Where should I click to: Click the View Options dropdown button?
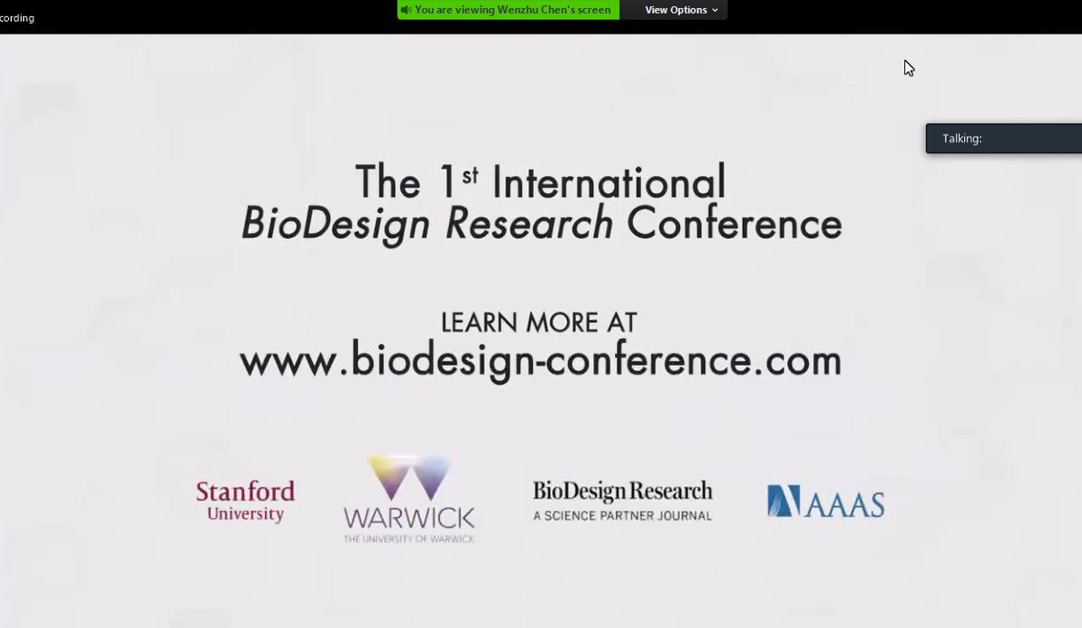(x=681, y=10)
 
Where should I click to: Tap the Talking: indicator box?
(x=1003, y=138)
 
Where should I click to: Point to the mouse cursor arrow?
(x=908, y=67)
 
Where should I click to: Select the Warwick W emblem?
(x=408, y=477)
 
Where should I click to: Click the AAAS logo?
(x=825, y=502)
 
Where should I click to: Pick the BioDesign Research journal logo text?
(x=622, y=492)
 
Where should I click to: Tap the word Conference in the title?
(x=734, y=223)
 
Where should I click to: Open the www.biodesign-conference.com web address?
(x=540, y=361)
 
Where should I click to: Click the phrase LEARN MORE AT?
(x=538, y=322)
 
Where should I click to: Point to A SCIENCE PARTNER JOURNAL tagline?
(x=622, y=516)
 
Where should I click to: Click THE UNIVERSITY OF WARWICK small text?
(x=408, y=539)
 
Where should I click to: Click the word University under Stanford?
(x=245, y=514)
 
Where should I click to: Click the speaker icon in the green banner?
(x=407, y=10)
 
